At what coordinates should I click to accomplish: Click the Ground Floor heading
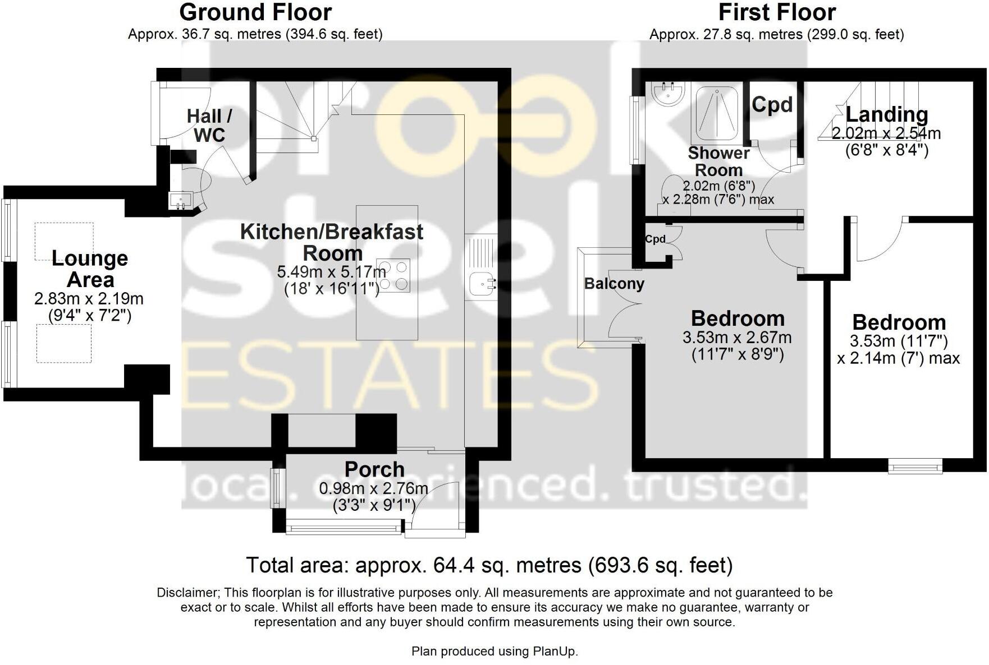pos(255,12)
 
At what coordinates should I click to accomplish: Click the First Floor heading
pos(777,12)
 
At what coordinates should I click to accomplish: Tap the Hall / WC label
pos(209,125)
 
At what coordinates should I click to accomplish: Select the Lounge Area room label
pos(90,269)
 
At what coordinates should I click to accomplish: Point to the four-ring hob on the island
pos(393,275)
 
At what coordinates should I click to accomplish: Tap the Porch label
pos(374,469)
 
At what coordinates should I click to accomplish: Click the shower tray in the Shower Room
pos(717,113)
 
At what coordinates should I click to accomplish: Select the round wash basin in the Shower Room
pos(669,94)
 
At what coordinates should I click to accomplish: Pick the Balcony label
pos(614,284)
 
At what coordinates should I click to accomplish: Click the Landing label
pos(887,114)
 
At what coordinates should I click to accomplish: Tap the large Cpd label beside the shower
pos(772,104)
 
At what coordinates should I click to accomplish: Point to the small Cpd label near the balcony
pos(655,239)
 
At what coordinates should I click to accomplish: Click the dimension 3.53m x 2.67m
pos(737,338)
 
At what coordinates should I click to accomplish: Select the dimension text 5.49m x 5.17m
pos(331,272)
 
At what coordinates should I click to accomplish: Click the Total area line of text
pos(489,565)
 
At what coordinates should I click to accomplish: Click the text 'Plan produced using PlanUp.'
pos(495,651)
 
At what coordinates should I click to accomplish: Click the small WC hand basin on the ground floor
pos(181,200)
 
